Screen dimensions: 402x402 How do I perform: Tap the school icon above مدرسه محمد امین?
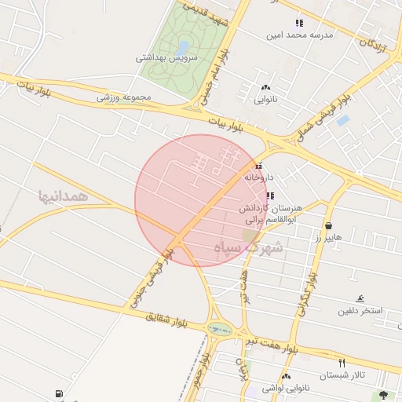click(298, 23)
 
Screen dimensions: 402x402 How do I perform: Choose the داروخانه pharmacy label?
click(262, 177)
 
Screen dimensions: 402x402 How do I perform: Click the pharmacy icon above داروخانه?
click(259, 166)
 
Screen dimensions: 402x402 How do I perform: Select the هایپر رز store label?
click(325, 238)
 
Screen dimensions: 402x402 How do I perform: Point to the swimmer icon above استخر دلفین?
click(360, 298)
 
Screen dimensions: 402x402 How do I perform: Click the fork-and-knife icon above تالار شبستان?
click(341, 363)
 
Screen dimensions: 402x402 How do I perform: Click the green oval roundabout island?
click(221, 329)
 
